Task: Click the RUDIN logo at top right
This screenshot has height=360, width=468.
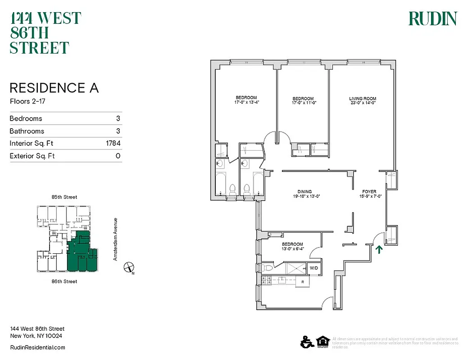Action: click(432, 19)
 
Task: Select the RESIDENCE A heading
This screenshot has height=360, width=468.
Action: click(54, 88)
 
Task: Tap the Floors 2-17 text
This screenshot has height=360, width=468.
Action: click(28, 101)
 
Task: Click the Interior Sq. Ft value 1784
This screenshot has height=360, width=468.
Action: click(112, 144)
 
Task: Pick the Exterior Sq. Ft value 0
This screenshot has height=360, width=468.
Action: click(118, 156)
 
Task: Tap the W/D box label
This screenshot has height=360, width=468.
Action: click(313, 268)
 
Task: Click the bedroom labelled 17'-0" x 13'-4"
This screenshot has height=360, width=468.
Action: click(246, 100)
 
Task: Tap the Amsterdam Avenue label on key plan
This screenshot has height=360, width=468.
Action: click(115, 239)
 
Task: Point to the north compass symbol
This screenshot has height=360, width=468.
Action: click(129, 267)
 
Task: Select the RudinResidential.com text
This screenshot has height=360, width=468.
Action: click(37, 347)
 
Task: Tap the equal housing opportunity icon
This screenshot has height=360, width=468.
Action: click(323, 342)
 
